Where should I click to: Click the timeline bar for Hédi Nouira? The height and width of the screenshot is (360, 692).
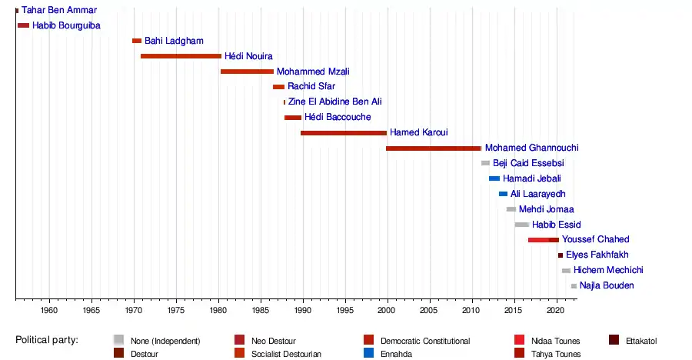pos(181,56)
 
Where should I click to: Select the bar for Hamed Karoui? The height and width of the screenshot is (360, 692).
pos(343,133)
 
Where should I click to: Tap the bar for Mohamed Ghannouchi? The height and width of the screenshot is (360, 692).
pos(433,148)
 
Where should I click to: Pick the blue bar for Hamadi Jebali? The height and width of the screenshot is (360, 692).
pos(494,178)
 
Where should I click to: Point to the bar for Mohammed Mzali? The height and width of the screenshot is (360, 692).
pos(247,72)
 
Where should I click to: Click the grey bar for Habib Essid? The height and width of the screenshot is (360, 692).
pos(522,225)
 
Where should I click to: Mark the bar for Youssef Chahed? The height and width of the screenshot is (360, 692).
pos(543,240)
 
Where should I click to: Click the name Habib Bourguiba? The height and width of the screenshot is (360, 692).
pos(66,25)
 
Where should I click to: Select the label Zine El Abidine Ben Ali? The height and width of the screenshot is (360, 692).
pos(334,102)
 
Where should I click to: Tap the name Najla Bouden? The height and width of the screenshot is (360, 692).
pos(607,285)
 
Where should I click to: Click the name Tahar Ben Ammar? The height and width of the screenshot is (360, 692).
pos(59,10)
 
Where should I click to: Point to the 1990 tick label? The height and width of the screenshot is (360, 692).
pos(302,310)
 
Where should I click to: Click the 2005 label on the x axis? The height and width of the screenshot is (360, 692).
pos(429,310)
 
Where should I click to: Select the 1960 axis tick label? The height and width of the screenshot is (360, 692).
pos(49,310)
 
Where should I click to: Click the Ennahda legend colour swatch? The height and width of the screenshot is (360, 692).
pos(371,354)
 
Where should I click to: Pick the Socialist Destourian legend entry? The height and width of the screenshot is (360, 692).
pos(286,354)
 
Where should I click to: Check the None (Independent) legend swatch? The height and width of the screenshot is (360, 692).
pos(118,340)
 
